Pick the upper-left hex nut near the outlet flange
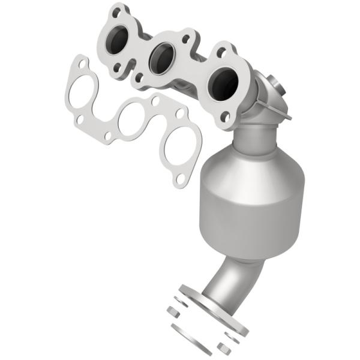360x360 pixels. point(172,311)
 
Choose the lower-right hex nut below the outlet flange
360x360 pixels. point(224,347)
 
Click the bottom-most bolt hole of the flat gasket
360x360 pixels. point(179,178)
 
